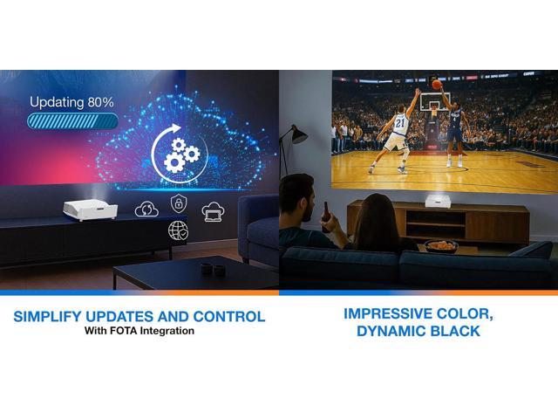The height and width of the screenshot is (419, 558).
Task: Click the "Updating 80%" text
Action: [x=71, y=102]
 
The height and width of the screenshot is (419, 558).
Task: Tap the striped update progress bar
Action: [x=72, y=121]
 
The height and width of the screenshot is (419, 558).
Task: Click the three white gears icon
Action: [x=181, y=155]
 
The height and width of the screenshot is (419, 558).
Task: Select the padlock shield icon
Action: [x=178, y=203]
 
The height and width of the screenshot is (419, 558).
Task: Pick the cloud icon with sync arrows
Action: [x=146, y=209]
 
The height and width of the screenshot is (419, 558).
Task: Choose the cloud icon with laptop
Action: [x=213, y=211]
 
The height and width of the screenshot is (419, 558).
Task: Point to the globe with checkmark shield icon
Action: [x=178, y=230]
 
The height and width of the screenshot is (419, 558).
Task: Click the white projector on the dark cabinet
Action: [x=91, y=209]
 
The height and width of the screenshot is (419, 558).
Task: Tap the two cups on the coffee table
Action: [x=212, y=269]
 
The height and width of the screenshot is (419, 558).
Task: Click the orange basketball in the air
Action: [x=437, y=85]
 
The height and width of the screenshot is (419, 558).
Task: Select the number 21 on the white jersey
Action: [x=400, y=123]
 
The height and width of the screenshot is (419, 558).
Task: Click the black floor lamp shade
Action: [x=298, y=134]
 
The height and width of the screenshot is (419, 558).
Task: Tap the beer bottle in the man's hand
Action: [x=326, y=217]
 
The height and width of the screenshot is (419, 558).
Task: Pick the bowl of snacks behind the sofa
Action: [x=441, y=246]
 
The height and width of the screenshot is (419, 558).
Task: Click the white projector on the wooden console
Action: [x=438, y=201]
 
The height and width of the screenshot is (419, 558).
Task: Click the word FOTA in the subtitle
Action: [x=123, y=331]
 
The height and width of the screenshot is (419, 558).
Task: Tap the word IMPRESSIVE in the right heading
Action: [x=387, y=313]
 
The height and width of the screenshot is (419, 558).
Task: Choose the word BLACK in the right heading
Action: [x=455, y=331]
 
